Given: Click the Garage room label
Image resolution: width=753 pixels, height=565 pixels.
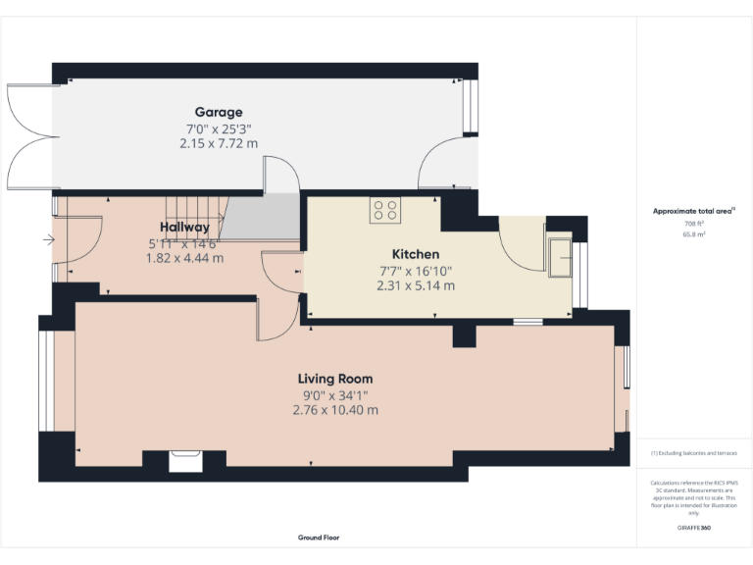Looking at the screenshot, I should pos(218,112).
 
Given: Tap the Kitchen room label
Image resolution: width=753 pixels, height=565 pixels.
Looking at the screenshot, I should pos(416,253).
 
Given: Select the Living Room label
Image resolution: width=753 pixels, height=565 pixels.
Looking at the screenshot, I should pos(335,379).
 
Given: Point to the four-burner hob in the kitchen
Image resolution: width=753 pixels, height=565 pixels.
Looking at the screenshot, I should pos(384,210).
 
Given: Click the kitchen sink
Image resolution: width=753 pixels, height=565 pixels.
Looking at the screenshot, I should pos(561,257).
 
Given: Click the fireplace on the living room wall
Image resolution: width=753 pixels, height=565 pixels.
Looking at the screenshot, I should pos(182,459).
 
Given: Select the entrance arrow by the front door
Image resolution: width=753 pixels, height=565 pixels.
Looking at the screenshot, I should pos(49,238).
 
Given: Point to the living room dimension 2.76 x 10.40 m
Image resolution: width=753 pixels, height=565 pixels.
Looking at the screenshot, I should pos(335,410).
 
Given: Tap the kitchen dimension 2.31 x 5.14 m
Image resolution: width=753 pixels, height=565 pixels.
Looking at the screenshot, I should pos(416,285).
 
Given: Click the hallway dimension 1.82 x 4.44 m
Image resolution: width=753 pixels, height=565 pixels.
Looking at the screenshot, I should pos(184,258).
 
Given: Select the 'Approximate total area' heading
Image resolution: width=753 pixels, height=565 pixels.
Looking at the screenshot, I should pos(693,211).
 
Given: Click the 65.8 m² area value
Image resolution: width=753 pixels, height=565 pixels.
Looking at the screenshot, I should pos(693,234).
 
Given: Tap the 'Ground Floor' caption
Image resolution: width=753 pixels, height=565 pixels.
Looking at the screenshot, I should pos(319,538).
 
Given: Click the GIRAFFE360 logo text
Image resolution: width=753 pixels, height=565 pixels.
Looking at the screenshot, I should pos(693,528).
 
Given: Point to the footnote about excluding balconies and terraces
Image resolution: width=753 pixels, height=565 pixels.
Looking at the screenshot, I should pos(693,453).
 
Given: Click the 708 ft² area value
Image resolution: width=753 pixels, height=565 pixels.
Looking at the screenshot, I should pos(693,225).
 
